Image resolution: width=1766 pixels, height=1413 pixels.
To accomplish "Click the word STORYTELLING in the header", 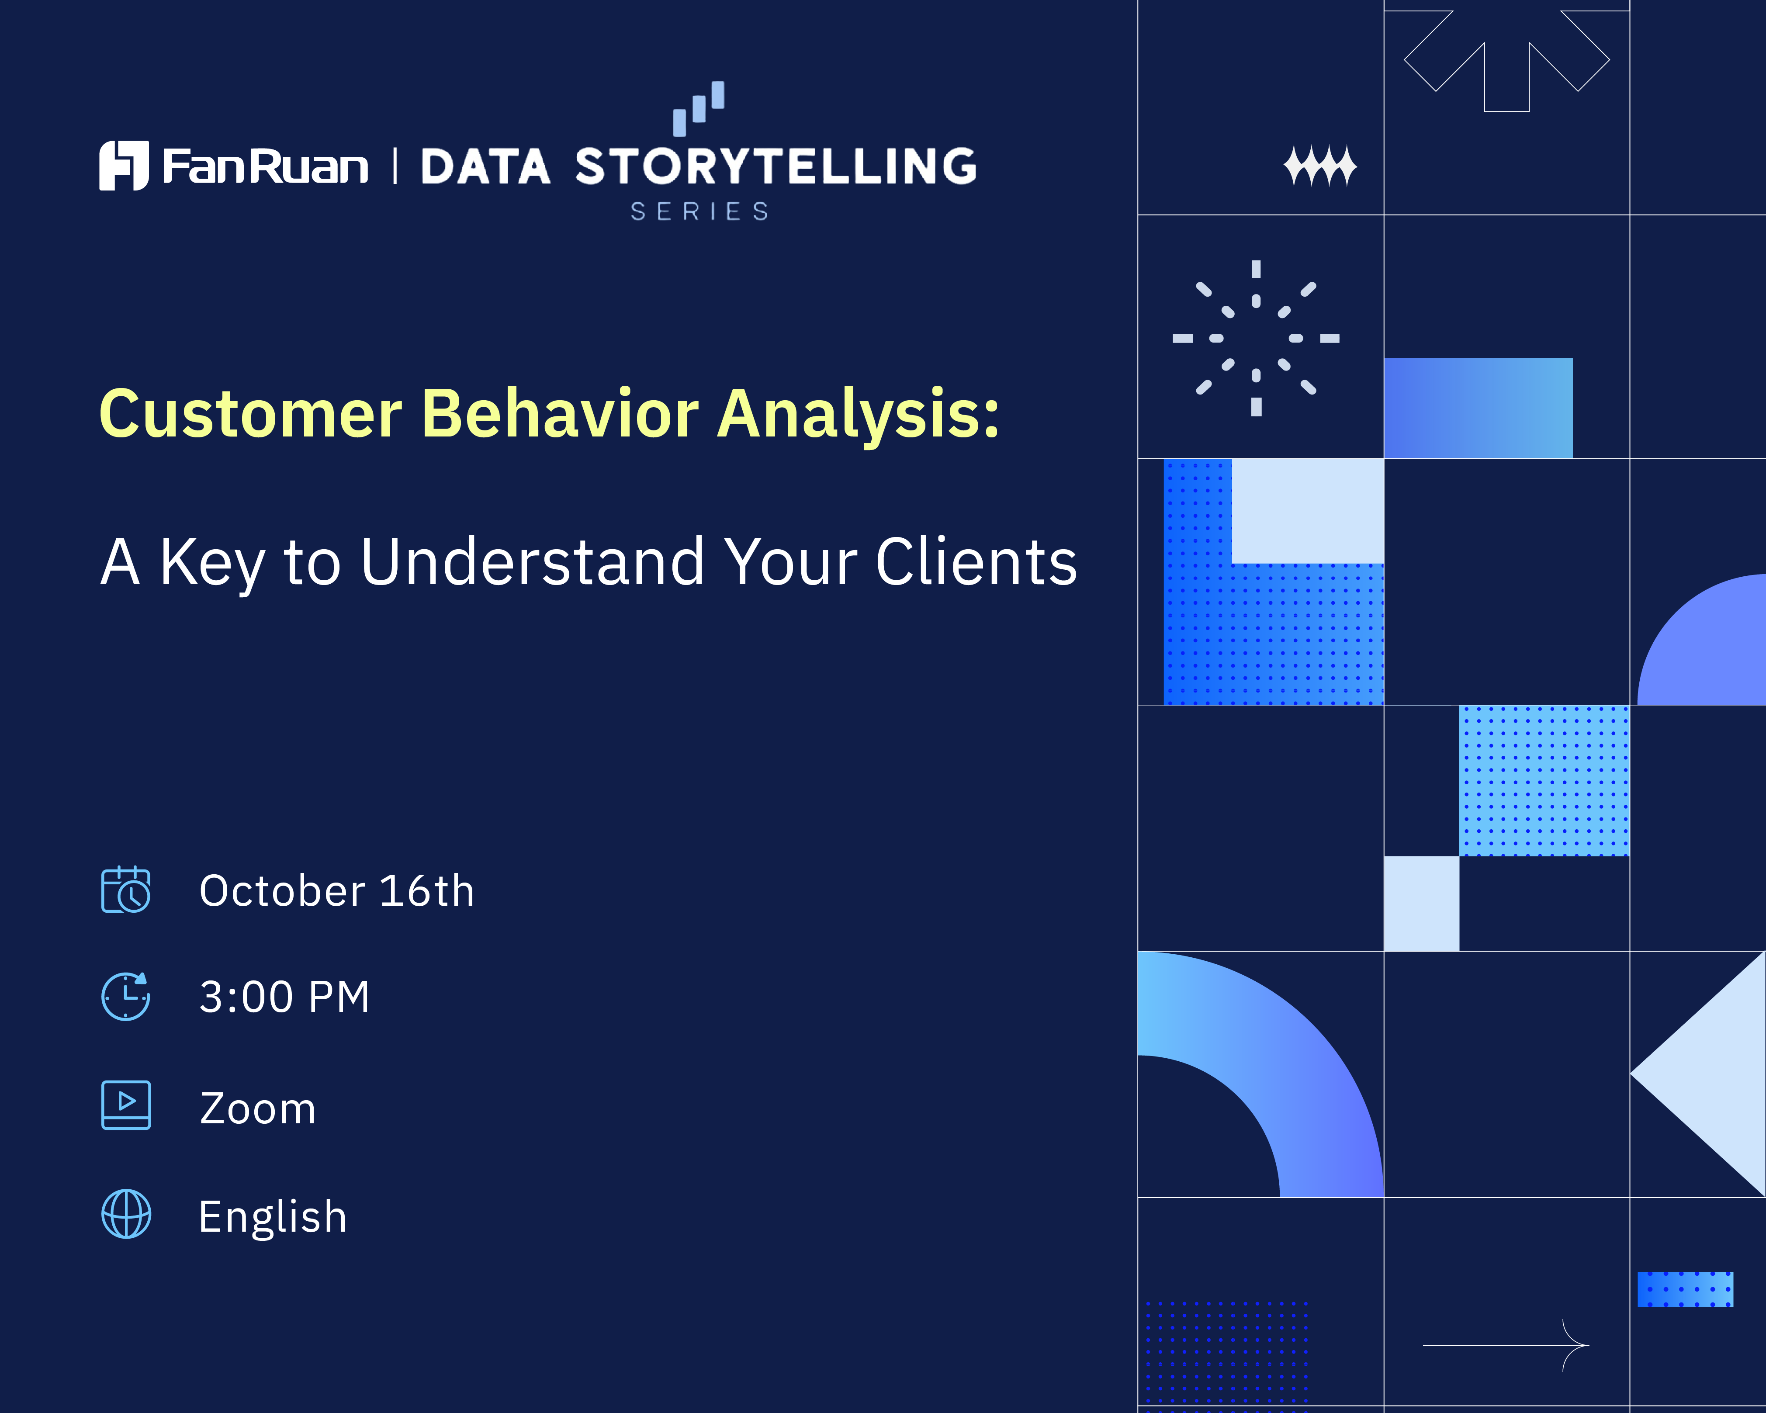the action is click(x=776, y=166).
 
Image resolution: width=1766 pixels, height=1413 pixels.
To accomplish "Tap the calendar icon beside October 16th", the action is click(x=126, y=890).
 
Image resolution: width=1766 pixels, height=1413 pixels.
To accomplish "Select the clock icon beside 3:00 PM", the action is click(x=126, y=996).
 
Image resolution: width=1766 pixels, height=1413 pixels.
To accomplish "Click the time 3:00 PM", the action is click(x=284, y=997).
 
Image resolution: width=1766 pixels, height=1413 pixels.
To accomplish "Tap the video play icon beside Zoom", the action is click(x=126, y=1105).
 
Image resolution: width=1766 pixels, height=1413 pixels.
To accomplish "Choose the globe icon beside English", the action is click(x=126, y=1214).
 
